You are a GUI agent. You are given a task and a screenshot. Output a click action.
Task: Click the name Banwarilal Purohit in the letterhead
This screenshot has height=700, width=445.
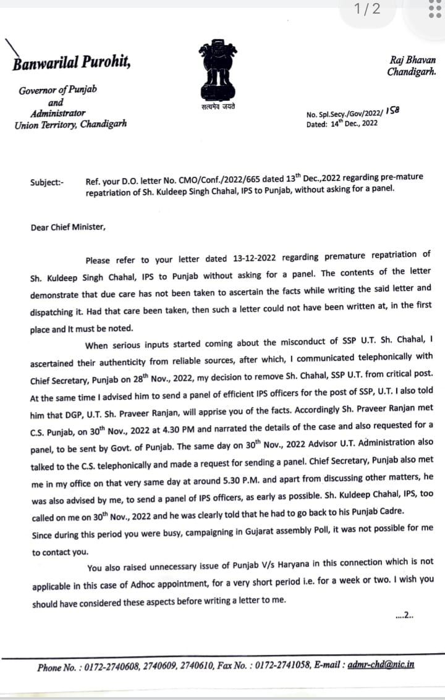click(72, 62)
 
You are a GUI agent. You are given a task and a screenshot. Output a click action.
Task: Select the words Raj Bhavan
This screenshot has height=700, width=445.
click(413, 60)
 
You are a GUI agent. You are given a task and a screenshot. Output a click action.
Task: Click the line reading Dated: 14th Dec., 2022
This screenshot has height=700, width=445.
click(342, 124)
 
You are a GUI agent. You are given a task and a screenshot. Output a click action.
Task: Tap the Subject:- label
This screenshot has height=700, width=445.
click(46, 182)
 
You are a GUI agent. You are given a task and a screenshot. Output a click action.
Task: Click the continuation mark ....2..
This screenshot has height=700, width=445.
click(404, 615)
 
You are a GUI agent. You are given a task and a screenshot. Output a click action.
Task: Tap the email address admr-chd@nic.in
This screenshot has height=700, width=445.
click(381, 665)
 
